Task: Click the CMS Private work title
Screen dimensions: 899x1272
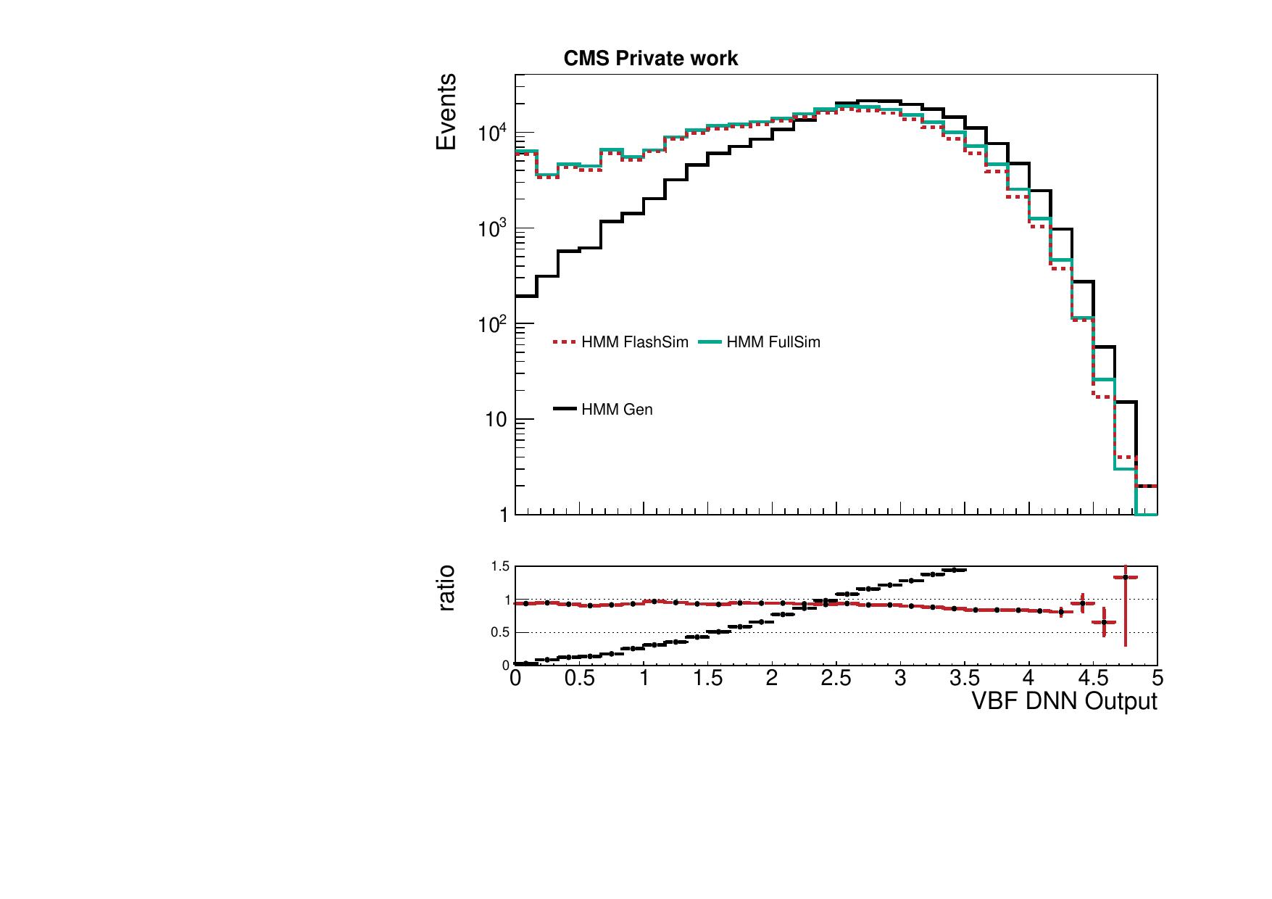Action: [650, 59]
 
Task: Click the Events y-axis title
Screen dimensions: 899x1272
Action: [446, 112]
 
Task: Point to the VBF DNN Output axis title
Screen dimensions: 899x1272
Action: [1063, 701]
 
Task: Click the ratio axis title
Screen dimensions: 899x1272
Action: [446, 588]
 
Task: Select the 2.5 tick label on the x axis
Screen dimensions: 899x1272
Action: [836, 679]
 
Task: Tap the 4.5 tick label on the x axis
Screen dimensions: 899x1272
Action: [1093, 679]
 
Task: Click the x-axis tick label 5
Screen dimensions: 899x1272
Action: [1157, 679]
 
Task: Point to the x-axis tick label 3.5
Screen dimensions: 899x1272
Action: [965, 679]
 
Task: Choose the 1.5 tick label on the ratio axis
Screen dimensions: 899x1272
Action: [501, 566]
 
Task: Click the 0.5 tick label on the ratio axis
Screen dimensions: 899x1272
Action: [501, 632]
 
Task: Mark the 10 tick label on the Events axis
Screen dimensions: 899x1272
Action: [496, 420]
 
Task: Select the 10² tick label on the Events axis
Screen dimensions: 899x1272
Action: [493, 324]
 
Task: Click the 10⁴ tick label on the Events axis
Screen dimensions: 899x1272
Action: [493, 133]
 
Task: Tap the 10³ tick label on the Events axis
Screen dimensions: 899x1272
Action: [493, 229]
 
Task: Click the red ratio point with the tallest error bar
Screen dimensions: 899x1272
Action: [1125, 577]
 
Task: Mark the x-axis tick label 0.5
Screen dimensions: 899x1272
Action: [579, 679]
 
